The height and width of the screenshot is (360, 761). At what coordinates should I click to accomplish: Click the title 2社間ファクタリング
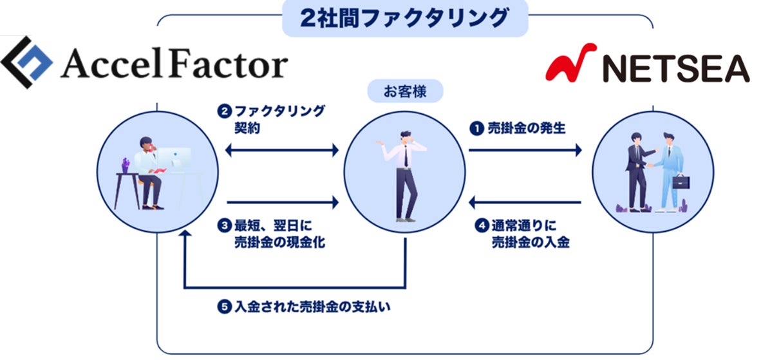tap(404, 17)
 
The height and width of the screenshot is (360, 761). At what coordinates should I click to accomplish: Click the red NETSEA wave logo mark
tap(570, 64)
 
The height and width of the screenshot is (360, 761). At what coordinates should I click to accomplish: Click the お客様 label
tap(405, 91)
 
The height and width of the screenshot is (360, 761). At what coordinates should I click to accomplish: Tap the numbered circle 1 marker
tap(476, 128)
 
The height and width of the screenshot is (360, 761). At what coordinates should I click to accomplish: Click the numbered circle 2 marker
tap(224, 111)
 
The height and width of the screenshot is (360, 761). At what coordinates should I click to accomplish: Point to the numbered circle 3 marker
tap(224, 226)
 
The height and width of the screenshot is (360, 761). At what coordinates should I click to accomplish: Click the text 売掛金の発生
tap(527, 128)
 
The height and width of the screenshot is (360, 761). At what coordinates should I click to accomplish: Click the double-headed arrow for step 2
tap(282, 151)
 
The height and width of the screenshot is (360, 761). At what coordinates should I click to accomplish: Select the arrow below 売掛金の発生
tap(525, 151)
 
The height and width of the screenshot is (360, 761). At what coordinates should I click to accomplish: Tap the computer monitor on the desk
tap(174, 157)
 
